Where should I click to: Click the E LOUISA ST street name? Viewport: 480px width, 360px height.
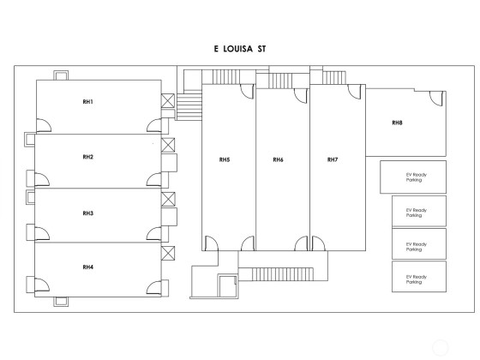tap(240, 49)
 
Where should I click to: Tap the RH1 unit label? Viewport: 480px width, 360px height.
tap(87, 102)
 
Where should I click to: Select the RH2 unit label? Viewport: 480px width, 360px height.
tap(87, 157)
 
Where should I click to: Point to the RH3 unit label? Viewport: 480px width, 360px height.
tap(87, 213)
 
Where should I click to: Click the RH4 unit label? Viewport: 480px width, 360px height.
tap(87, 267)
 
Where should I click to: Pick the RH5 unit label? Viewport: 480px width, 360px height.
tap(225, 159)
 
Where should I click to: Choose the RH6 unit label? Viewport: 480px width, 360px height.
tap(279, 159)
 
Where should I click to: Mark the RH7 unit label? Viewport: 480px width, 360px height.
tap(333, 159)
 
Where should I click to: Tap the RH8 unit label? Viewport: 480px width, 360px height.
tap(397, 123)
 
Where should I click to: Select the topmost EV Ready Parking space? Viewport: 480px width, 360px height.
tap(413, 177)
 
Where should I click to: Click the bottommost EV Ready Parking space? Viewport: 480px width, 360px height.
tap(419, 277)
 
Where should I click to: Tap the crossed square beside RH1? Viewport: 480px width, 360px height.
tap(168, 101)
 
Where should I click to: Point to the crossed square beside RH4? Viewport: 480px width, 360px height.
tap(168, 253)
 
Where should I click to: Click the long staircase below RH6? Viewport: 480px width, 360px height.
tap(283, 274)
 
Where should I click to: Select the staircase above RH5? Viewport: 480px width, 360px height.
tap(226, 77)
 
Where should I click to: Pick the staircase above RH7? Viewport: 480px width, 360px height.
tap(334, 78)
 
